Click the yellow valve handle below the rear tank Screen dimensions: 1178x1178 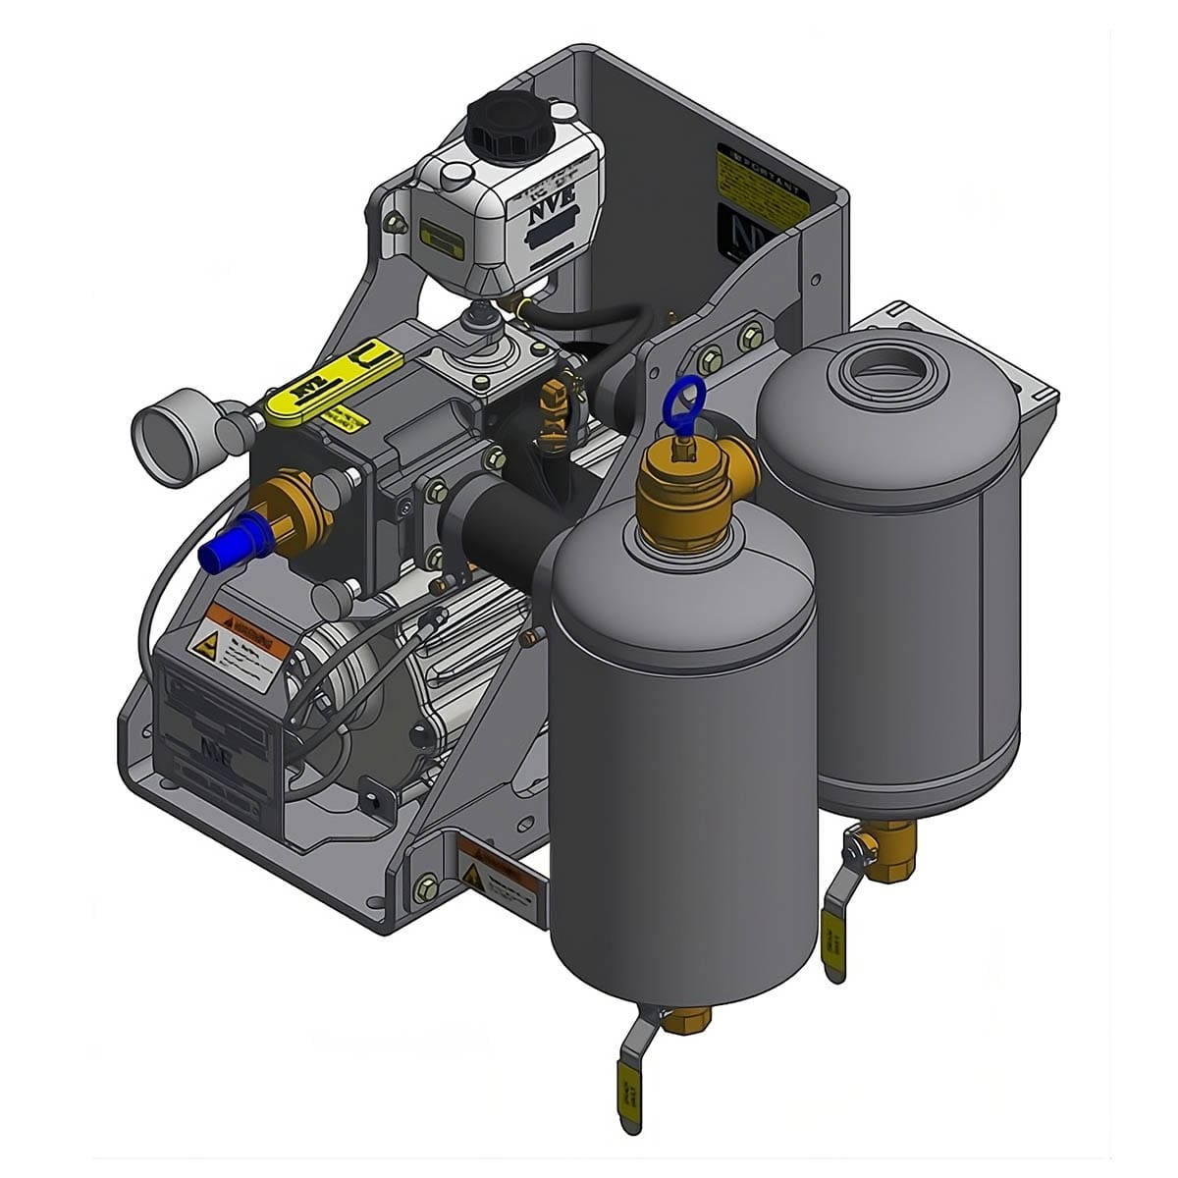(x=832, y=944)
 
